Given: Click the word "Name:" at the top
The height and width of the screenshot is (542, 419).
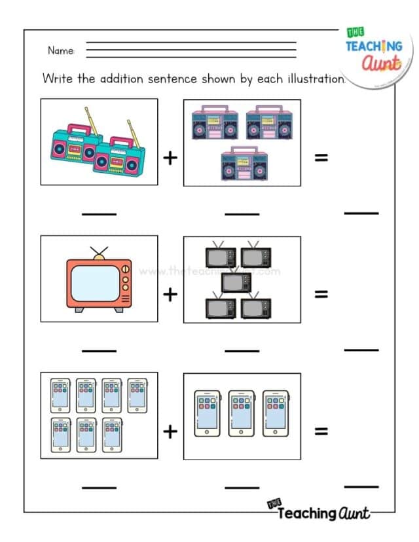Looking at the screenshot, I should coord(61,50).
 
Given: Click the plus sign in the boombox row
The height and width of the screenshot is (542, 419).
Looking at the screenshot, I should coord(170,158).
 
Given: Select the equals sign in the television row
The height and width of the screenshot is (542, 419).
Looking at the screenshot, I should coord(321,294).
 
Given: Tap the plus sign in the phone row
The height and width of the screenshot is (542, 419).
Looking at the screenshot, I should coord(170,431).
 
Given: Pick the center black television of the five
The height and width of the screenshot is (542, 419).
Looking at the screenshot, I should coord(236,282).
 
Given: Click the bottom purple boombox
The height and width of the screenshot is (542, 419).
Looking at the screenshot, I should coord(243,164).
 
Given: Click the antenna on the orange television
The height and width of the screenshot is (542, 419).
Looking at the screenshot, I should coord(100,253).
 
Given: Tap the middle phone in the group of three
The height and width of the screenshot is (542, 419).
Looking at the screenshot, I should coord(242,412).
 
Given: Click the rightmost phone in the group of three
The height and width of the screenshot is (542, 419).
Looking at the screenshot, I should coord(276,412).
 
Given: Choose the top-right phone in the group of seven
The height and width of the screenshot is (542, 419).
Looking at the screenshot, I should coord(137,395).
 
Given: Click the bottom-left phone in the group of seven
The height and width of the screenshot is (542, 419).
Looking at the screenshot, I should coord(61,435).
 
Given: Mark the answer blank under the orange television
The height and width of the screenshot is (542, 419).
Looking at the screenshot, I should coord(99,350).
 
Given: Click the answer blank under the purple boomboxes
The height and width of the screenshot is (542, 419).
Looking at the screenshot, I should coord(242,213).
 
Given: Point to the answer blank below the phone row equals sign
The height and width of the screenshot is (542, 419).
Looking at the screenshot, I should coord(361,486).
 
